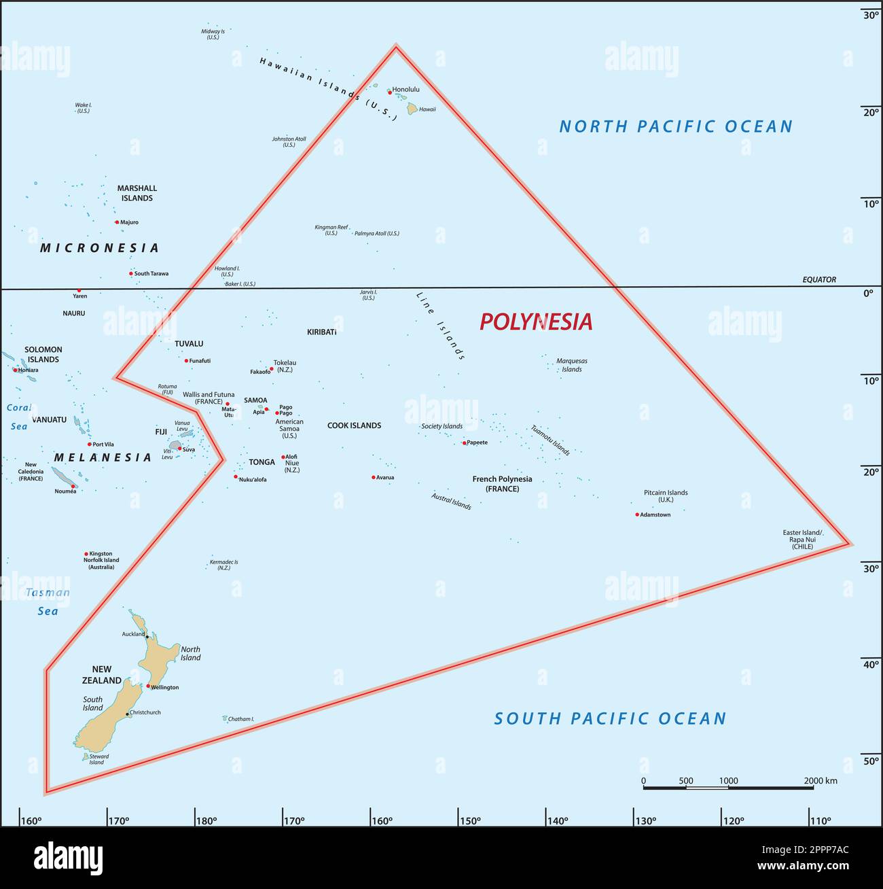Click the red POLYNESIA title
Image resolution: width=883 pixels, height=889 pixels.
click(x=536, y=321)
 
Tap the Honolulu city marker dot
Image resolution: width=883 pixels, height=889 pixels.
click(x=390, y=92)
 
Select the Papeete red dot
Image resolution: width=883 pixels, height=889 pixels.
click(x=465, y=443)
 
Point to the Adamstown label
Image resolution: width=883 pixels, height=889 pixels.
click(x=655, y=515)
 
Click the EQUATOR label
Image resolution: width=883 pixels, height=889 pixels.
click(x=819, y=280)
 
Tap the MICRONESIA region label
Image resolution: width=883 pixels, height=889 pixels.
click(x=100, y=248)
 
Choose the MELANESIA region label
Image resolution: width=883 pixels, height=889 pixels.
click(x=103, y=458)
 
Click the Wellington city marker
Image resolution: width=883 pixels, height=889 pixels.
click(x=148, y=686)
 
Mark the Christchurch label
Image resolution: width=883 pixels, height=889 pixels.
click(x=145, y=713)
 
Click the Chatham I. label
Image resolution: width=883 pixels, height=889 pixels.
click(x=240, y=719)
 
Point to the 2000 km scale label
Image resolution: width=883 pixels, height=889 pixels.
click(x=821, y=781)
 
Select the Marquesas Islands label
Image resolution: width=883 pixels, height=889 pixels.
click(x=571, y=365)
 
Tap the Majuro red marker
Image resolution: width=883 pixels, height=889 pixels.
click(x=117, y=222)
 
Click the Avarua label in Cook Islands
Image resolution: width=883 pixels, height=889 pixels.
click(x=385, y=478)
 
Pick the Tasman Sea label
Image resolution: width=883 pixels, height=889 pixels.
click(x=48, y=602)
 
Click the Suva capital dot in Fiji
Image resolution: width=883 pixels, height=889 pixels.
click(x=179, y=449)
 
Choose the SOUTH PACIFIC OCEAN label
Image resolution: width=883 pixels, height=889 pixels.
click(x=610, y=718)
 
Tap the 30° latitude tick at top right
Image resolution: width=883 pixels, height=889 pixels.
click(x=871, y=15)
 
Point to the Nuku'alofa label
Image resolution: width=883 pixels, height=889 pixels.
click(x=253, y=480)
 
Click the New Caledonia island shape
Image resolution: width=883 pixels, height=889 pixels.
click(x=65, y=477)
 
